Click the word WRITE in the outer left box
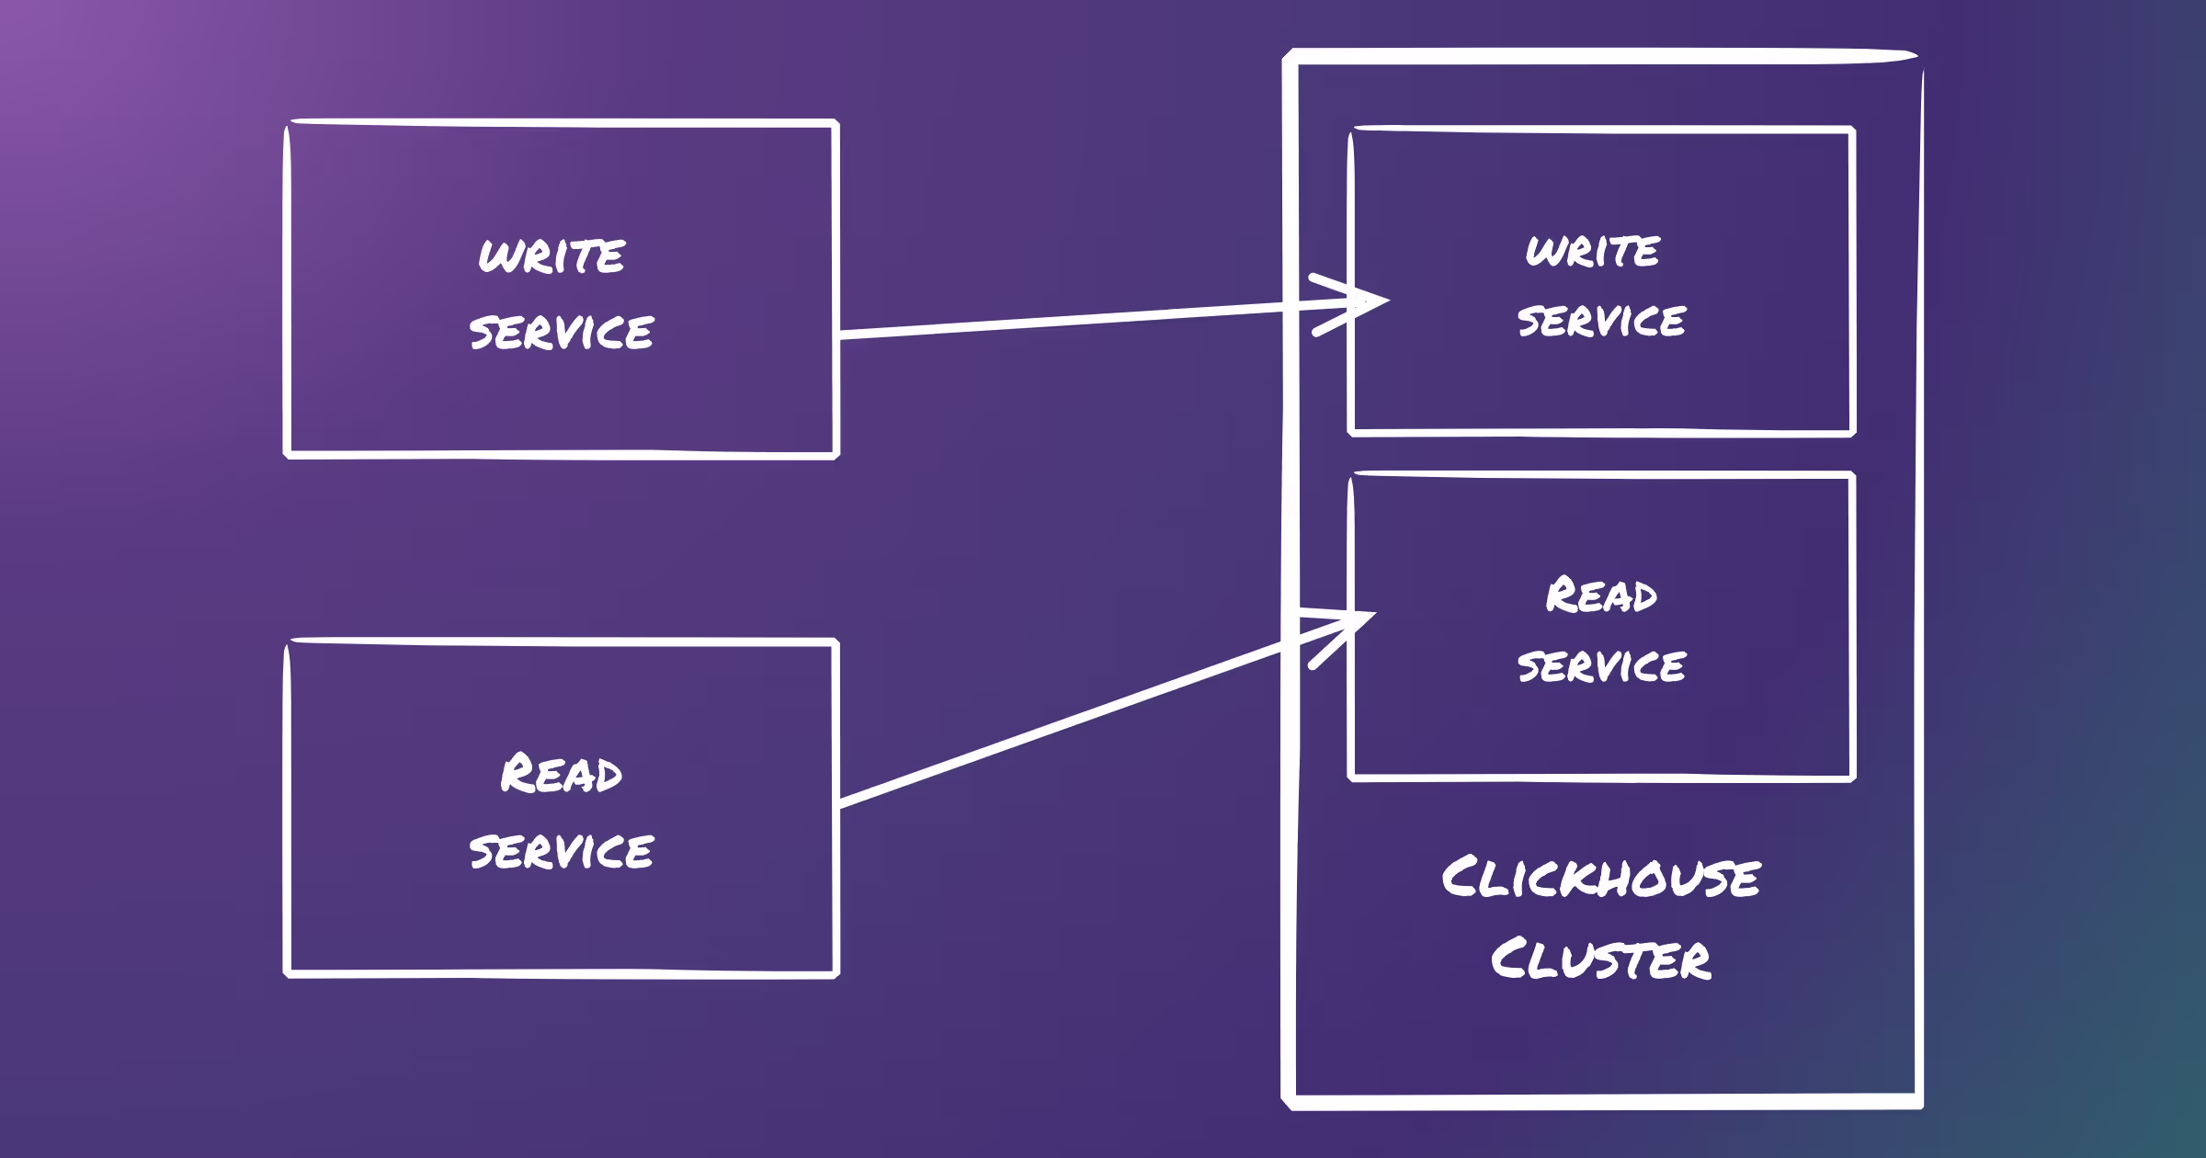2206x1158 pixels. pos(551,255)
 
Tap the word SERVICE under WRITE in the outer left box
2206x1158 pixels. pos(561,332)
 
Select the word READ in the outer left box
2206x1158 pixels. pos(561,774)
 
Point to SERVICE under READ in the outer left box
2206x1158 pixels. pos(561,851)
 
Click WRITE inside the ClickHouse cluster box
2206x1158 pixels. pos(1593,251)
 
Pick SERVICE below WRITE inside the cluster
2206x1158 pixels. pos(1601,321)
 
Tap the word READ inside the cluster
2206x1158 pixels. pos(1601,596)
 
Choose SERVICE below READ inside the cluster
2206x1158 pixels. pos(1601,665)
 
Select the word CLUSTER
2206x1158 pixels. pos(1600,959)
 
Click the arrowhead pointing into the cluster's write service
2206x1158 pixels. pos(1370,301)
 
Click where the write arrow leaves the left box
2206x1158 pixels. pos(840,335)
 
